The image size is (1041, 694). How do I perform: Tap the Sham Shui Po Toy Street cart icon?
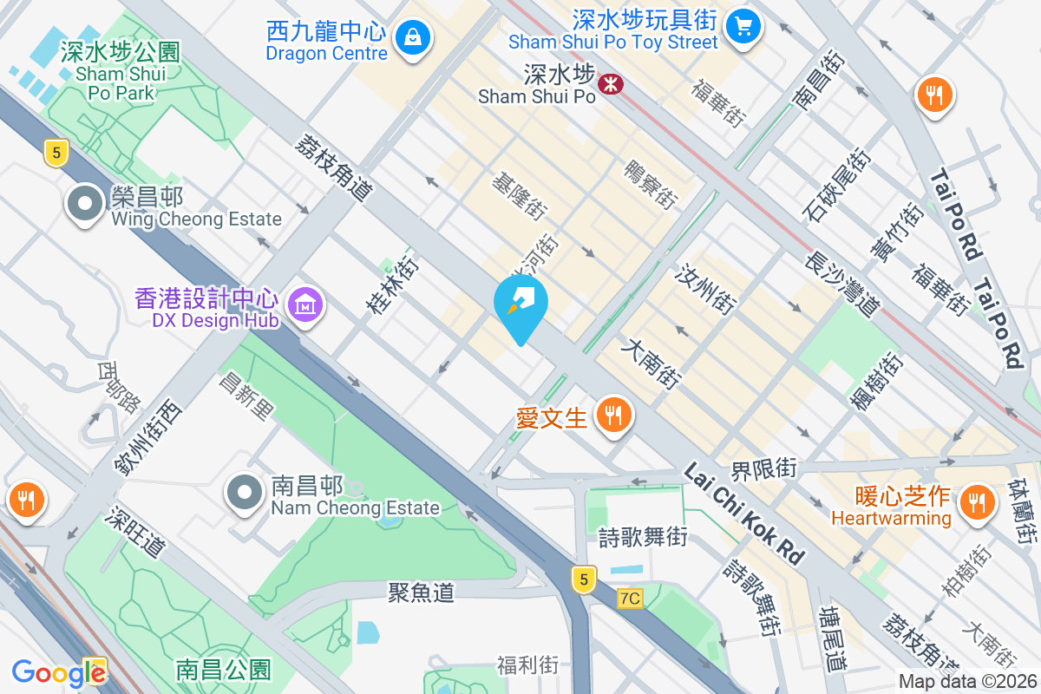tap(743, 24)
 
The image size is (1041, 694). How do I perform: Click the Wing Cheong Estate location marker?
tap(85, 204)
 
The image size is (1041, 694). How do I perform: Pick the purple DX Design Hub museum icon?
tap(305, 304)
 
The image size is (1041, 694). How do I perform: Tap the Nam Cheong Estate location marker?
tap(246, 493)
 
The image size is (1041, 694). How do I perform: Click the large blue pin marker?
tap(520, 305)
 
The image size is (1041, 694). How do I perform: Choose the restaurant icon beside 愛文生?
tap(613, 416)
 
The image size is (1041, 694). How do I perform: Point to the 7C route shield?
tap(631, 599)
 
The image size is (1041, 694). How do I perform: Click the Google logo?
tap(58, 672)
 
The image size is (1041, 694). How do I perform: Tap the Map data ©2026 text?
tap(967, 682)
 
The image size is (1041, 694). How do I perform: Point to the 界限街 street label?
tap(763, 469)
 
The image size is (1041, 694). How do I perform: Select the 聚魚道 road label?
tap(421, 593)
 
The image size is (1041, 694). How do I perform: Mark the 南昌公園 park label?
tap(223, 670)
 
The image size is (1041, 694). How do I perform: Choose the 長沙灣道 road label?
tap(842, 284)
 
